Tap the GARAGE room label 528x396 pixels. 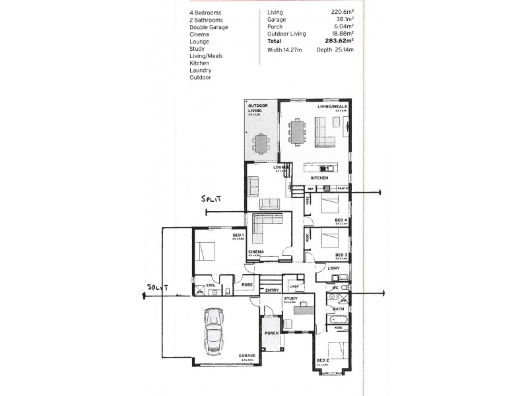click(x=247, y=356)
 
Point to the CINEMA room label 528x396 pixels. click(x=255, y=252)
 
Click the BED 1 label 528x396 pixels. click(x=238, y=235)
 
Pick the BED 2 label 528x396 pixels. click(x=322, y=360)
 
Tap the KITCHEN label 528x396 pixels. click(x=319, y=178)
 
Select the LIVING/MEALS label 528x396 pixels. click(x=333, y=106)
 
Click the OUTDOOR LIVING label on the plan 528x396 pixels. click(x=257, y=108)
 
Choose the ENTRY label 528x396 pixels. click(x=271, y=290)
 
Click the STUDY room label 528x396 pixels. click(x=291, y=298)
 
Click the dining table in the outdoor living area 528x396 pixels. click(x=262, y=142)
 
